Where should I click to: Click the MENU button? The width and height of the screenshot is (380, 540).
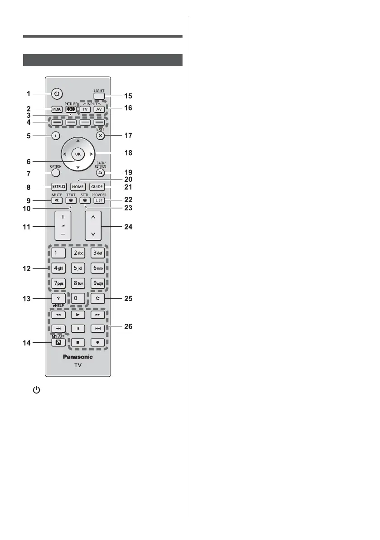click(56, 109)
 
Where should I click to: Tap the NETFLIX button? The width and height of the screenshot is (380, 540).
click(56, 186)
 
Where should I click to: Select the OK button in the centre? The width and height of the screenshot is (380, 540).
click(77, 154)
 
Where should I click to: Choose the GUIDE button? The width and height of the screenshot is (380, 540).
click(97, 186)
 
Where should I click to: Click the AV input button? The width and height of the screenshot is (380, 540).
click(100, 109)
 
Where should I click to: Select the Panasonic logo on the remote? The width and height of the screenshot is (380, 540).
click(77, 357)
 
